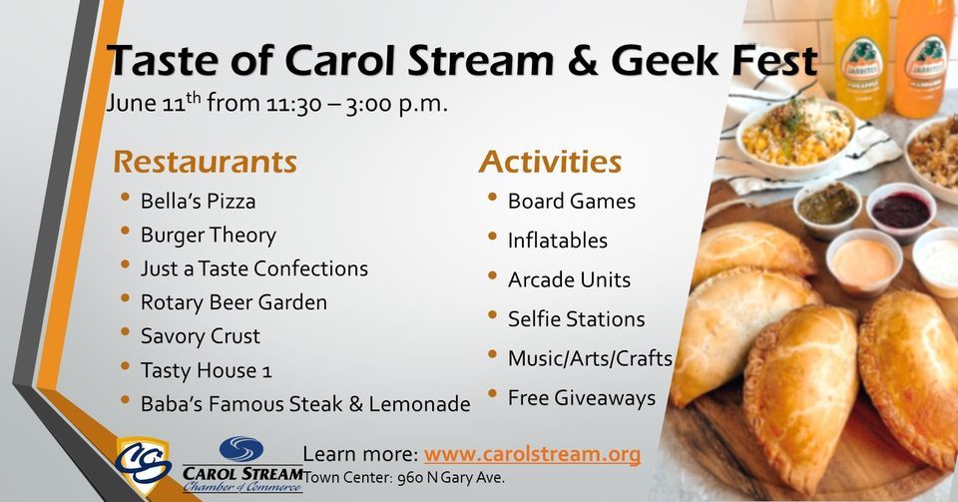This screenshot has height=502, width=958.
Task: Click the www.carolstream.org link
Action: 532,454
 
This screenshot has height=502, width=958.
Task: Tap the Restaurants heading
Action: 205,161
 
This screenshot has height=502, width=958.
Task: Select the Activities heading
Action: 550,161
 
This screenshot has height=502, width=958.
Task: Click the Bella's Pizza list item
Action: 198,201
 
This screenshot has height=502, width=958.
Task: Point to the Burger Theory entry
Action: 208,235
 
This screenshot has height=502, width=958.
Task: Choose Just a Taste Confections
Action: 253,268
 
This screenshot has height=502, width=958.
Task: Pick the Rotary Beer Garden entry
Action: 234,301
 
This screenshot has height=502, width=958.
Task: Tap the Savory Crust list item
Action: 200,336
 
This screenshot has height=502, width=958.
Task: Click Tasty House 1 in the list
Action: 206,370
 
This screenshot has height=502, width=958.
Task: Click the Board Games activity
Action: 571,201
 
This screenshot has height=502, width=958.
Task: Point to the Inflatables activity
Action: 557,241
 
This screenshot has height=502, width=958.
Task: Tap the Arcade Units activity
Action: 569,279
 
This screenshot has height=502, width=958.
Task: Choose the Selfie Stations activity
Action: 576,319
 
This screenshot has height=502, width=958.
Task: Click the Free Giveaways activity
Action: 581,398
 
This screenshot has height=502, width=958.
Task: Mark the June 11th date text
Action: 152,104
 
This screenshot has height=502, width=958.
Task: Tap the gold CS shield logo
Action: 143,463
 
